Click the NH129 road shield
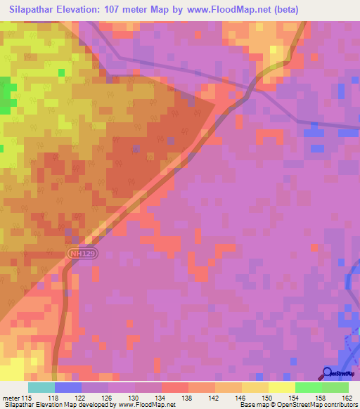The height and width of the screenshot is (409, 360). (80, 251)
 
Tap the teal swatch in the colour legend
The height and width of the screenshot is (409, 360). (41, 387)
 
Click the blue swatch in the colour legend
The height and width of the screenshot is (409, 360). (68, 387)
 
